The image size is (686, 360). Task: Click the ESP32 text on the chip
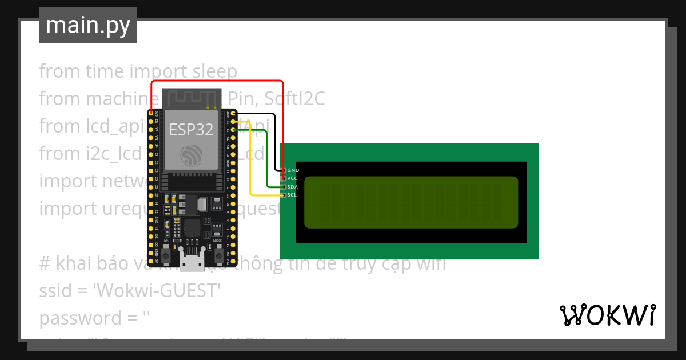191,130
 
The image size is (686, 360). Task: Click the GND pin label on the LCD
293,170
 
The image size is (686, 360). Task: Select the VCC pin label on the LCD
292,178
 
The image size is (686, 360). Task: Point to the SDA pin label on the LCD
292,187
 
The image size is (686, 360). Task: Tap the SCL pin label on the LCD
292,195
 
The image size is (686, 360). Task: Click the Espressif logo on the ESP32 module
191,155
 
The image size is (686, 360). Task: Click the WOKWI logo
607,315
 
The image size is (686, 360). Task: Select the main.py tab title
88,25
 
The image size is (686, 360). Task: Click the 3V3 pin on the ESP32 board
151,114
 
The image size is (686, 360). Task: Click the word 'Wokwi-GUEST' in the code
158,291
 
